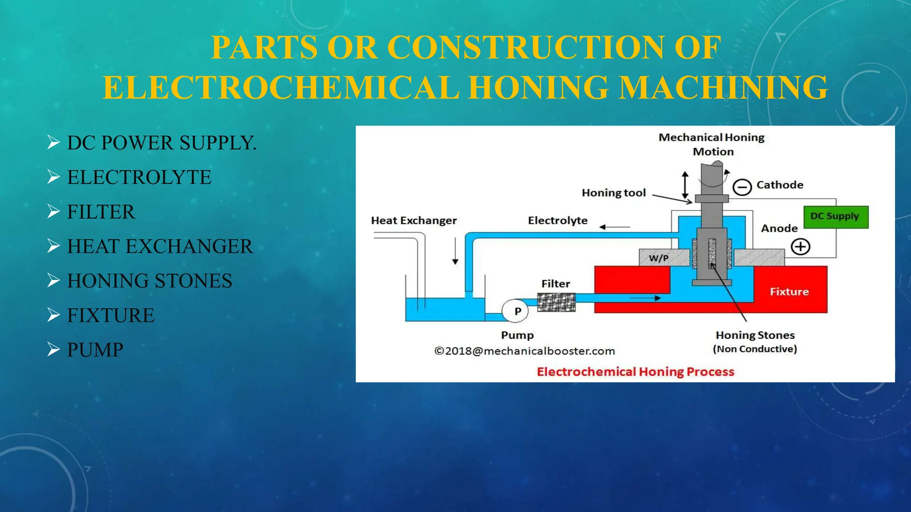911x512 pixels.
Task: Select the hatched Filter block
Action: (x=556, y=302)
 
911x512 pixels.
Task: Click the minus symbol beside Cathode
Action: (x=742, y=187)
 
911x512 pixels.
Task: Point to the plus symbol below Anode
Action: (x=800, y=247)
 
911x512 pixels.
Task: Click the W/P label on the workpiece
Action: (x=658, y=258)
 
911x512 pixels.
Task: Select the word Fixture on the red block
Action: (x=789, y=292)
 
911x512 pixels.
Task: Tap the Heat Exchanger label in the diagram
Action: (x=414, y=220)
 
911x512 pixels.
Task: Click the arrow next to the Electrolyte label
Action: (x=614, y=227)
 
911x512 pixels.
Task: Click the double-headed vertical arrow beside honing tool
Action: (x=685, y=185)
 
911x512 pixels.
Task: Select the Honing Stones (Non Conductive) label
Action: (x=755, y=341)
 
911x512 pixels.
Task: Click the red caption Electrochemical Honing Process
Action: (x=635, y=372)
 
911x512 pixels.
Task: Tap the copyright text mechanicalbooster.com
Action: (x=524, y=351)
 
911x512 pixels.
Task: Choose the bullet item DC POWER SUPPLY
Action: (x=161, y=143)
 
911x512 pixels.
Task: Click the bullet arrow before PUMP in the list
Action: (x=53, y=350)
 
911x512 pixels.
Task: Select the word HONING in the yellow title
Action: (x=538, y=87)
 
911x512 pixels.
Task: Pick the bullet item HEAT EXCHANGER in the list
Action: (x=160, y=246)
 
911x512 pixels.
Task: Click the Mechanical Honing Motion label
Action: (x=712, y=144)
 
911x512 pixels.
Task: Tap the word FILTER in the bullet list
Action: (x=101, y=212)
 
